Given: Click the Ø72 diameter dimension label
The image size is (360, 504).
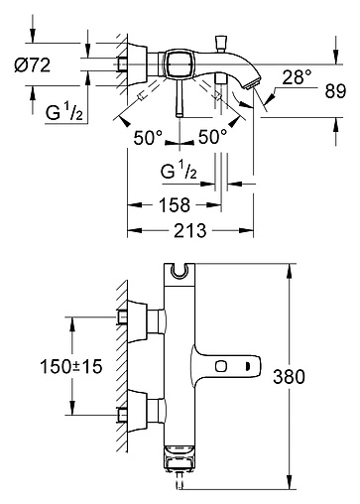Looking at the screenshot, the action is point(33,65).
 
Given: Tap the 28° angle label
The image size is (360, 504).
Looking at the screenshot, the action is point(297,77).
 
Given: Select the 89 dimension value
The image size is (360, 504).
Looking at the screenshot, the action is point(335,91).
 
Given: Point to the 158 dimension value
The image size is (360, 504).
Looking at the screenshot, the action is point(175,205).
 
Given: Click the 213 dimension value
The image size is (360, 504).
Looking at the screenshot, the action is point(190,230).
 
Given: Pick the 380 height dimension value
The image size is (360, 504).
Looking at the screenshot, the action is point(289,377).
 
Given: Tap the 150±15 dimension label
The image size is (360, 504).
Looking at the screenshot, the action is point(71,366).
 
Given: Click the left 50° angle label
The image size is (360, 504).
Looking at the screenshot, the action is point(148,137).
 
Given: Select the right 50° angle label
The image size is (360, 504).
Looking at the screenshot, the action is point(213,137).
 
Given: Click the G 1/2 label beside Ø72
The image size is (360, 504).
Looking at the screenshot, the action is point(64,112).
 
